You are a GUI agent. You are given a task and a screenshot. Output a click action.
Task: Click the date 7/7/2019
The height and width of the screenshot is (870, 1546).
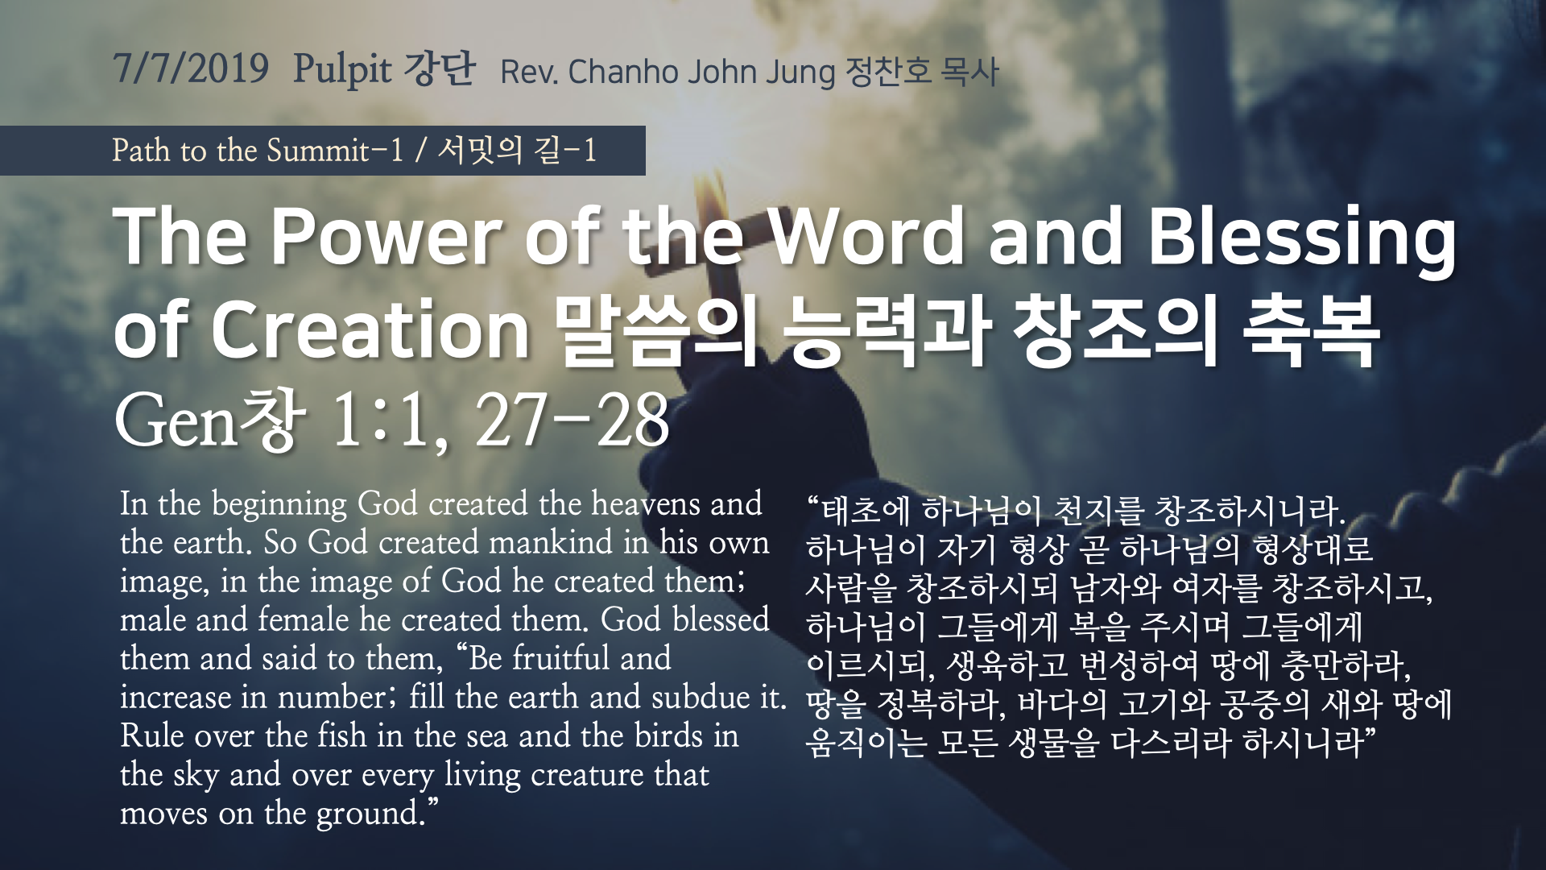[x=191, y=68]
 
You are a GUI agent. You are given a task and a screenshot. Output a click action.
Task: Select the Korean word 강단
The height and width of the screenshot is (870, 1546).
[x=439, y=68]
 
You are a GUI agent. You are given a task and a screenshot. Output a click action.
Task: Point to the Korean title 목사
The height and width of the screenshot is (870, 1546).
[x=969, y=72]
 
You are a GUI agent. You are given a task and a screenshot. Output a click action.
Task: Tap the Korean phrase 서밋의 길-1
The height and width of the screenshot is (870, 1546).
[x=517, y=151]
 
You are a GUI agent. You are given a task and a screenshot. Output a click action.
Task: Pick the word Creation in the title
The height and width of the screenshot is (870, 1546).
[x=370, y=330]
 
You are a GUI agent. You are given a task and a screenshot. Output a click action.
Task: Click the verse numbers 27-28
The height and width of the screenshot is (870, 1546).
[x=573, y=420]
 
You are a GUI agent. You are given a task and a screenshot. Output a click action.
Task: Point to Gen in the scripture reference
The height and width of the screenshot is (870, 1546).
[x=177, y=421]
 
